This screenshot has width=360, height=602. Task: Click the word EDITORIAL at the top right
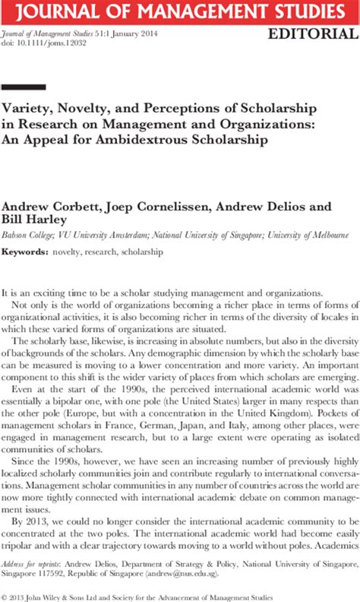coord(312,35)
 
